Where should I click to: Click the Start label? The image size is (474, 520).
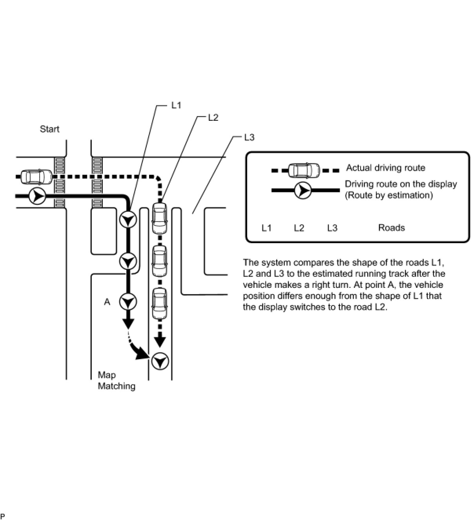pyautogui.click(x=49, y=129)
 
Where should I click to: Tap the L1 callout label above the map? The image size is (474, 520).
pyautogui.click(x=176, y=105)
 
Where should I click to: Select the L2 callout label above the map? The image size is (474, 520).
pyautogui.click(x=213, y=117)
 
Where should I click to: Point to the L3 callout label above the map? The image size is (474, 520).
pyautogui.click(x=249, y=137)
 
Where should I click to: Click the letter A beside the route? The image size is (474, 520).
pyautogui.click(x=107, y=302)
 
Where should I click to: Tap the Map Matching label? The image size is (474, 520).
pyautogui.click(x=116, y=380)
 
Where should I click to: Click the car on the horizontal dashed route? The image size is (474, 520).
pyautogui.click(x=36, y=177)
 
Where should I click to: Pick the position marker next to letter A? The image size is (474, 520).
pyautogui.click(x=128, y=302)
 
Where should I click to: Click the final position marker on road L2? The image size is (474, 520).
pyautogui.click(x=160, y=361)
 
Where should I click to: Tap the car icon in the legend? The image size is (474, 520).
pyautogui.click(x=304, y=171)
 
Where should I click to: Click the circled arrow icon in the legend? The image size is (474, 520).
pyautogui.click(x=303, y=190)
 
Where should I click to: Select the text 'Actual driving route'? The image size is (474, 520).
pyautogui.click(x=385, y=168)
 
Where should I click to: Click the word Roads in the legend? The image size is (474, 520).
pyautogui.click(x=391, y=228)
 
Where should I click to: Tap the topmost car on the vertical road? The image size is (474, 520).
pyautogui.click(x=159, y=215)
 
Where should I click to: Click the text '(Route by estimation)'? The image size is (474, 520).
pyautogui.click(x=388, y=195)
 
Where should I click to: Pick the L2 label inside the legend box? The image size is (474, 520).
pyautogui.click(x=299, y=228)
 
